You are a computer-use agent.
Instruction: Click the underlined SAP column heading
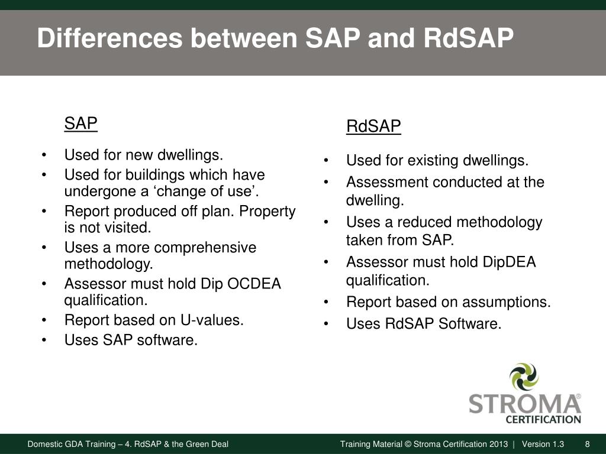(80, 124)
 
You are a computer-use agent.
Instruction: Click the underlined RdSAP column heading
(373, 127)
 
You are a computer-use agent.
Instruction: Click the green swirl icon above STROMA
(524, 377)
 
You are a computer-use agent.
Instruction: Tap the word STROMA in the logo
(524, 404)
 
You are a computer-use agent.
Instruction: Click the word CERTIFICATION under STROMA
(543, 420)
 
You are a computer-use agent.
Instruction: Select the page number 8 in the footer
(587, 445)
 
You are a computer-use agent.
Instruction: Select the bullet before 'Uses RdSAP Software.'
(327, 324)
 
